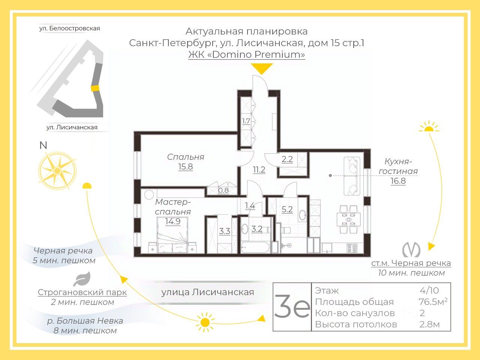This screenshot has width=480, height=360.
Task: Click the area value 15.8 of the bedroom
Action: tap(185, 166)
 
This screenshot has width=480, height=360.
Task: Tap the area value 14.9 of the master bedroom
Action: tap(172, 221)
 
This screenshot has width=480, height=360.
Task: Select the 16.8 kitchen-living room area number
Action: tap(398, 181)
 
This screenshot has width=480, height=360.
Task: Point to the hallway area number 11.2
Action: tap(259, 170)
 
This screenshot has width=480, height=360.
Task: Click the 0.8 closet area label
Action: tap(223, 190)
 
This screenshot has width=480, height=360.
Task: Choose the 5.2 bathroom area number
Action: tap(287, 210)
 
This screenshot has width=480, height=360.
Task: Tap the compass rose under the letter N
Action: tap(57, 171)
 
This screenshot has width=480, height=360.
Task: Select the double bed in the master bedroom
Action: tap(172, 242)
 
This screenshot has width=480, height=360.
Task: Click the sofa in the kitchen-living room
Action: tap(352, 176)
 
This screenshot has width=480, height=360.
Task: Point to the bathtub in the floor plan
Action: tap(255, 247)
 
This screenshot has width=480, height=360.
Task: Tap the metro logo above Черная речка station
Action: tap(411, 250)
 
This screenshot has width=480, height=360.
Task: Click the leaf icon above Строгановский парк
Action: tap(81, 279)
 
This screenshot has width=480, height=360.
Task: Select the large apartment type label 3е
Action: tap(292, 307)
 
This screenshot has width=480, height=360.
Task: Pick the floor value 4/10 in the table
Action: tap(429, 291)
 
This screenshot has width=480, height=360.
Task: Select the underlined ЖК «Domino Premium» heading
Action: tap(246, 54)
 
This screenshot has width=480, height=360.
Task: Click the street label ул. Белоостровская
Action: tap(70, 28)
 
